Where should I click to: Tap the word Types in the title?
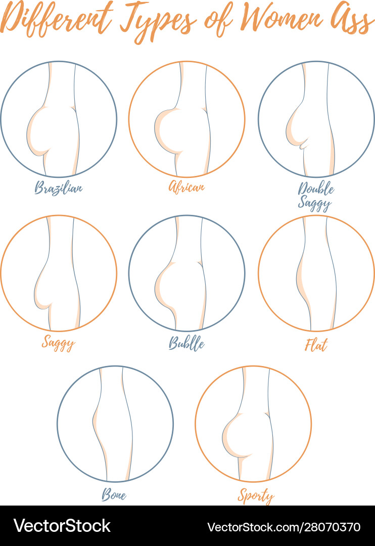tap(158, 22)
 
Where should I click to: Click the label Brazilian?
tap(59, 188)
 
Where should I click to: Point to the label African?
tap(186, 187)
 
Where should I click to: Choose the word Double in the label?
tap(316, 189)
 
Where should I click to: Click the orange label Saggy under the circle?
tap(58, 343)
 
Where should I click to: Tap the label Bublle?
tap(186, 343)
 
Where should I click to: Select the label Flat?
tap(316, 345)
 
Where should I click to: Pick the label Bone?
tap(114, 494)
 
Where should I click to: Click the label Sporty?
tap(256, 495)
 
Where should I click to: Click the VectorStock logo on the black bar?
tap(62, 526)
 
